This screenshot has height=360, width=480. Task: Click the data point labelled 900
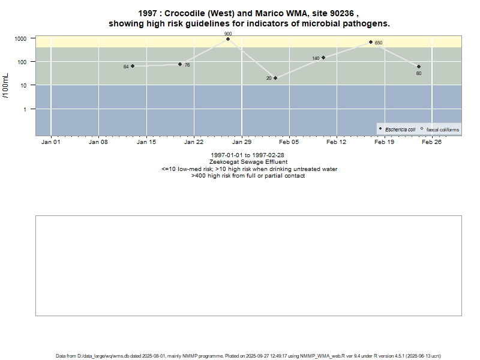click(228, 39)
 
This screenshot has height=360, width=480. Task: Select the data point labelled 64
click(133, 66)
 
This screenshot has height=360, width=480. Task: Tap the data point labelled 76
click(180, 64)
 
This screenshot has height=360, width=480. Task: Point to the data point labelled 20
click(275, 78)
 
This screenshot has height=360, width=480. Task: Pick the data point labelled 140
click(323, 58)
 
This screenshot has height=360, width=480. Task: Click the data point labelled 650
click(371, 42)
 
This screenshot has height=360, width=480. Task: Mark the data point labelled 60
click(419, 67)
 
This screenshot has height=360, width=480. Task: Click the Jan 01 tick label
click(50, 142)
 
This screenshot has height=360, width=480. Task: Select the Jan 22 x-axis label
click(193, 142)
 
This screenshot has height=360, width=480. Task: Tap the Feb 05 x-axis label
click(289, 142)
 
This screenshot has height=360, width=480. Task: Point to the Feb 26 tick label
click(431, 142)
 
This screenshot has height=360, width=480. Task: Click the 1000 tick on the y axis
click(20, 38)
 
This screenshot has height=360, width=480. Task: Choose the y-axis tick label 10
click(23, 85)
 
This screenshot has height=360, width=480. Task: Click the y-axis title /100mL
click(5, 86)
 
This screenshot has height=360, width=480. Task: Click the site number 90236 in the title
click(343, 14)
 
